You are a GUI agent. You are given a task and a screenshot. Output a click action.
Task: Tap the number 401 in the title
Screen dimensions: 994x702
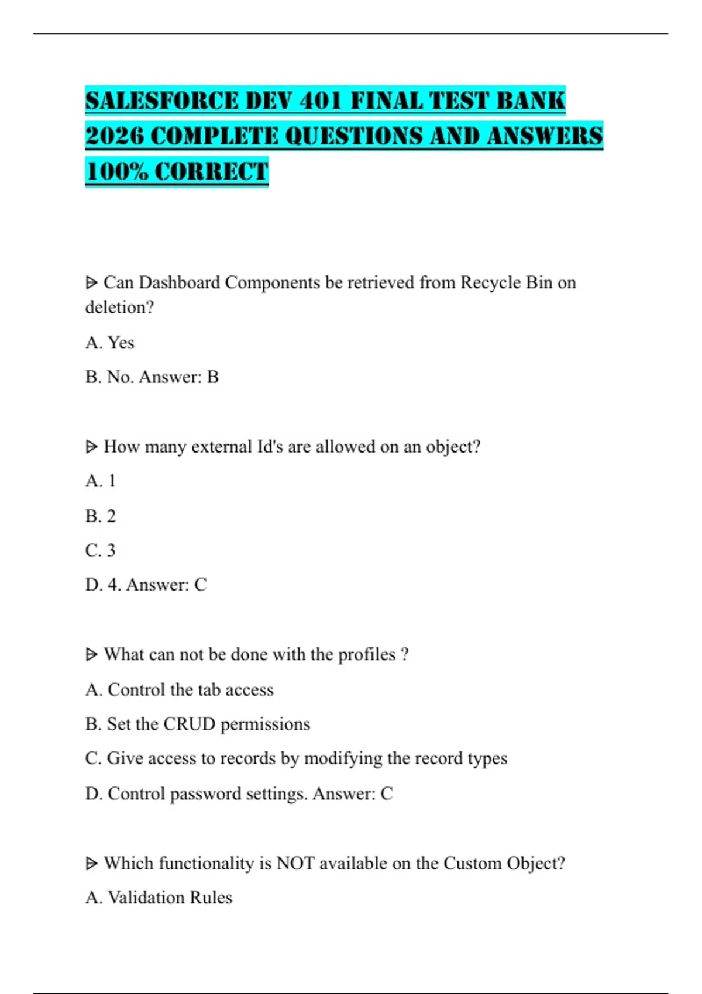(321, 101)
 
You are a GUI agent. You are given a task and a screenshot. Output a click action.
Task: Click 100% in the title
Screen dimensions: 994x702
(116, 172)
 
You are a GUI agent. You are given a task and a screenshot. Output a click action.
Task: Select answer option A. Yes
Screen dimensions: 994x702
(110, 342)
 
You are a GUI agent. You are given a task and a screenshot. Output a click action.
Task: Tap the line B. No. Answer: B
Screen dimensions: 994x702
(152, 377)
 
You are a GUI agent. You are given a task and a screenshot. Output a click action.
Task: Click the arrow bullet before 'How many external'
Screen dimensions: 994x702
(91, 447)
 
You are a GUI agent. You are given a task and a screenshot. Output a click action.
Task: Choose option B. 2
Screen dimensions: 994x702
(101, 516)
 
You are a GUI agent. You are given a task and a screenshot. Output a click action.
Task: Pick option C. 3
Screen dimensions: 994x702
(101, 550)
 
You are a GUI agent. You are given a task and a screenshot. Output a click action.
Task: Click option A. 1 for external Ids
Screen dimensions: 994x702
(101, 481)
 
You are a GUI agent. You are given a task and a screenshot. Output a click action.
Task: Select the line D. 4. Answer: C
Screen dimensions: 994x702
(146, 584)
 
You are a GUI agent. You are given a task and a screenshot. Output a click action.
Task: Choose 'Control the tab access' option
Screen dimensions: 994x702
(191, 689)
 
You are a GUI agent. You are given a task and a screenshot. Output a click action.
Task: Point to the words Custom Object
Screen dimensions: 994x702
(504, 863)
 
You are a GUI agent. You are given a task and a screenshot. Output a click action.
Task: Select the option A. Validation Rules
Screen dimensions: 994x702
(159, 897)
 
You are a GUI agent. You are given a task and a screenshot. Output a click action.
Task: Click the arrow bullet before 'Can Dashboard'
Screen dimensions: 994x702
(91, 283)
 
